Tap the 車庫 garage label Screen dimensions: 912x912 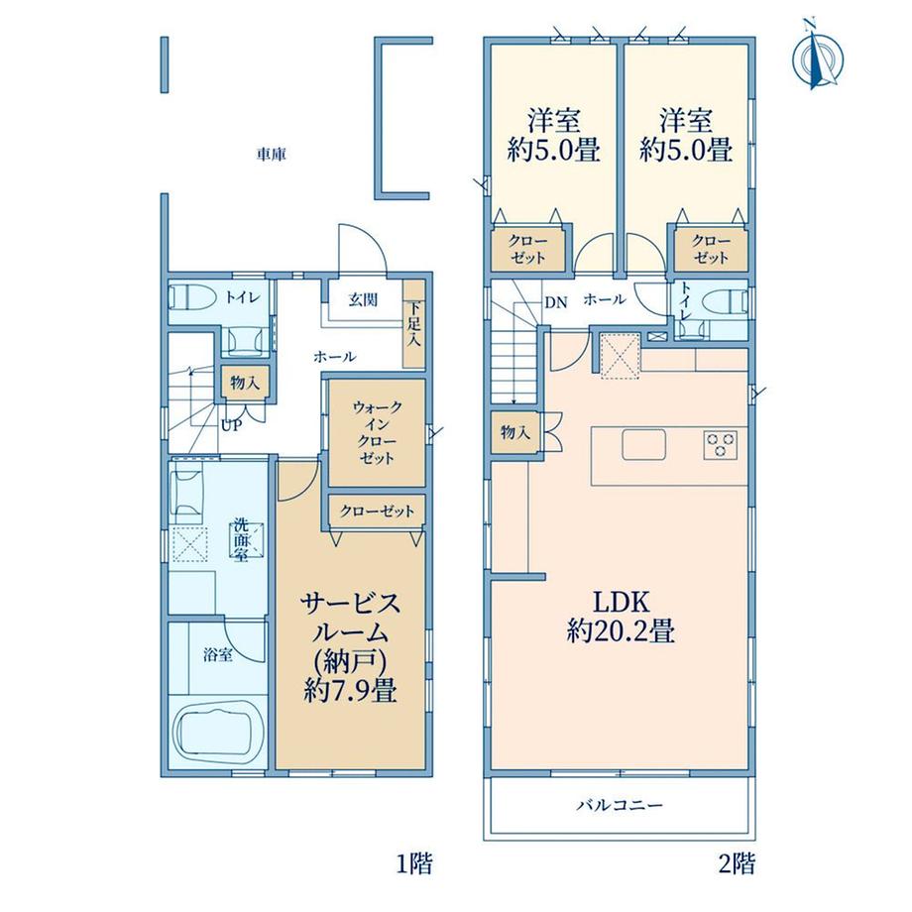272,155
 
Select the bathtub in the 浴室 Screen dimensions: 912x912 218,732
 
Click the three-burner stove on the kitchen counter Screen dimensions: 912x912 722,445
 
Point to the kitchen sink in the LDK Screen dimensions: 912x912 644,445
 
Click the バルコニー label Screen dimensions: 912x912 620,806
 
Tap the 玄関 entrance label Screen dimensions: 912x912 363,299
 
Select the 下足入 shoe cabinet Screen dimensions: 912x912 414,324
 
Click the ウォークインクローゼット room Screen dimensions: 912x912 377,432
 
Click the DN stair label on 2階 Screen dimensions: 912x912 555,302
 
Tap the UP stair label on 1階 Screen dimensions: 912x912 230,425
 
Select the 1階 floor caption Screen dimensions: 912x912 414,863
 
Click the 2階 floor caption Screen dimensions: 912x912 738,863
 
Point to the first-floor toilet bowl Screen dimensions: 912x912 185,297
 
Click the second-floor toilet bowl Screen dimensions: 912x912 726,303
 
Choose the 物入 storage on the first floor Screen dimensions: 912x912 245,383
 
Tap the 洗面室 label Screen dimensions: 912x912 241,539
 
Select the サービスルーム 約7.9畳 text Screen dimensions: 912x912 350,646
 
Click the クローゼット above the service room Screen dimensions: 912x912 377,512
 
